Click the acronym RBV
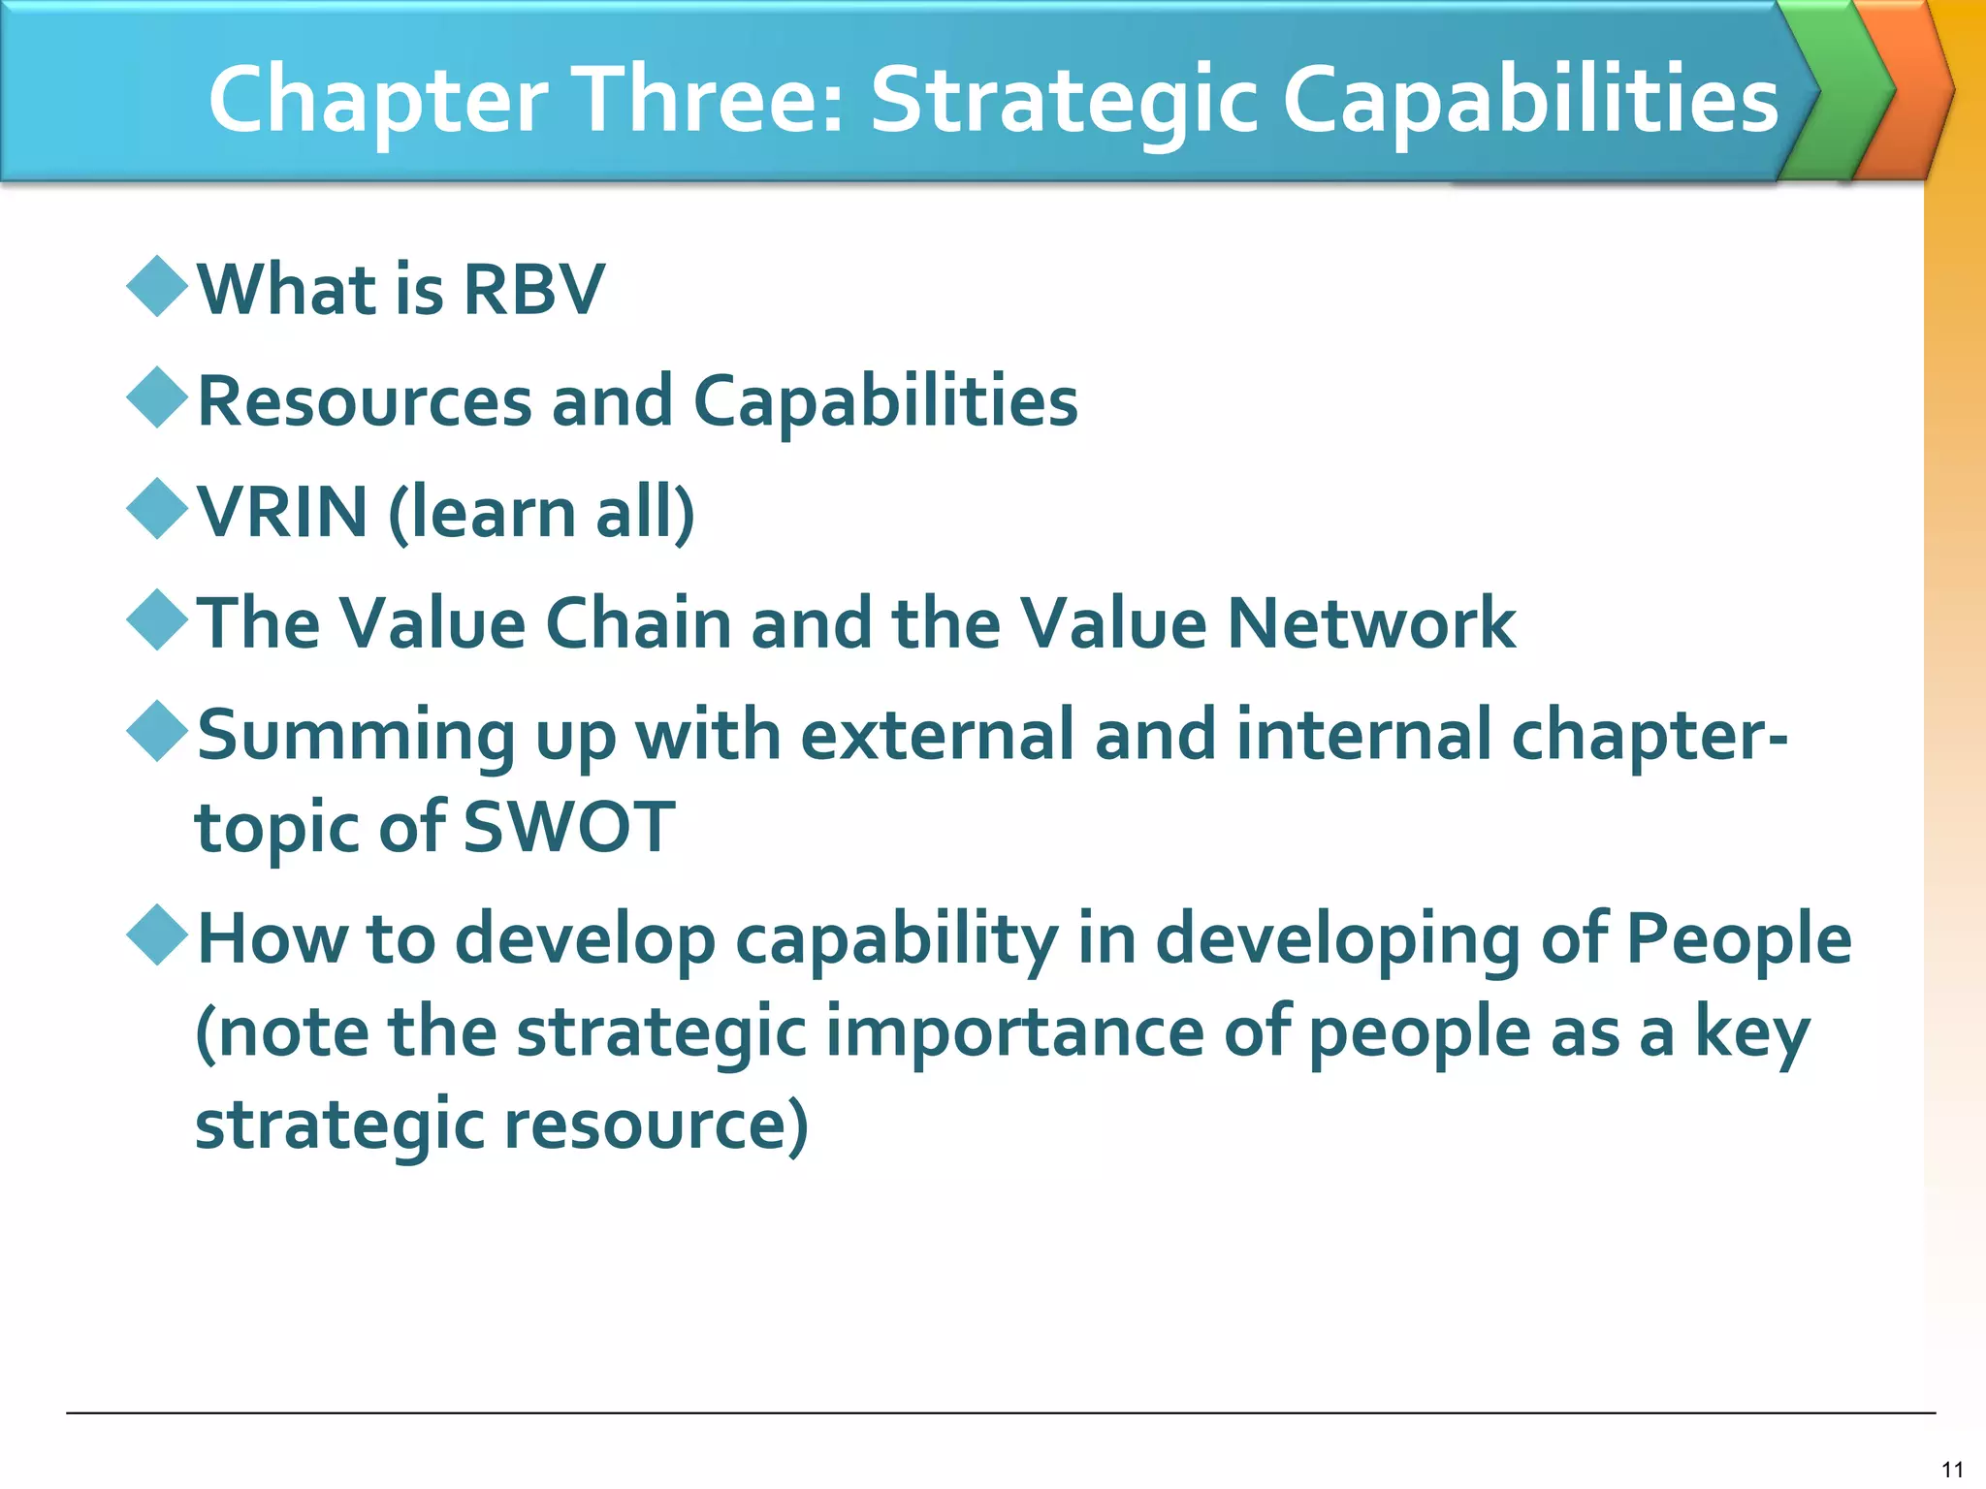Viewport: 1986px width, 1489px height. [x=533, y=289]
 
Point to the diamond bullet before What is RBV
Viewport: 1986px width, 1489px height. [x=157, y=286]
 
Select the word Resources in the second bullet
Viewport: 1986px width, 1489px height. [x=365, y=400]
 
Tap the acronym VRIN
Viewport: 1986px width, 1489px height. [x=282, y=512]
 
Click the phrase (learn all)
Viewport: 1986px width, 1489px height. [x=541, y=512]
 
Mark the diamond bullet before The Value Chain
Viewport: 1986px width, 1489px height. [x=157, y=619]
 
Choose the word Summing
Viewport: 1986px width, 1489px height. [x=356, y=735]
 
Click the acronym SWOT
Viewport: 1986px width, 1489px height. [x=568, y=827]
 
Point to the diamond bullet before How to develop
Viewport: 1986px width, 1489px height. [x=157, y=935]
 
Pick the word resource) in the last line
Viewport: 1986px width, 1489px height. [x=656, y=1124]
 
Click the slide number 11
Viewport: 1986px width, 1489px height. [x=1952, y=1469]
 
